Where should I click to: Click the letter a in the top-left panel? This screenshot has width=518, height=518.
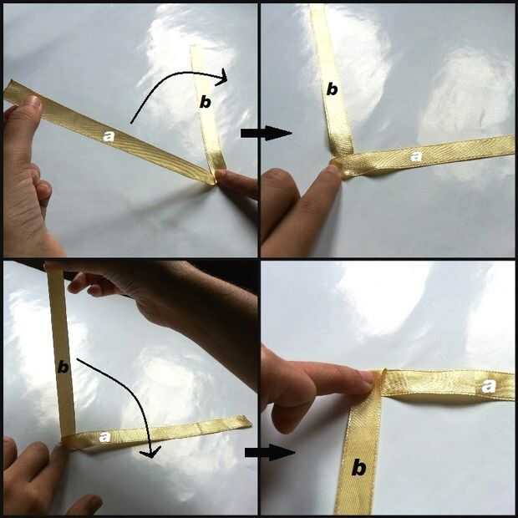tap(109, 136)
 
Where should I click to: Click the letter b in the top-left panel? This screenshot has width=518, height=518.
tap(206, 103)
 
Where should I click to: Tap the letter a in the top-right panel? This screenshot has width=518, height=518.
tap(416, 156)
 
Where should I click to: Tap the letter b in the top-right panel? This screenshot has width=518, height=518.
tap(332, 89)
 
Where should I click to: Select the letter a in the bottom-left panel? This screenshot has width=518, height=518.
tap(104, 437)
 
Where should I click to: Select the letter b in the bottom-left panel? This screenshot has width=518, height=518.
tap(63, 367)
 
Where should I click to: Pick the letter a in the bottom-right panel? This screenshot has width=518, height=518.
tap(489, 386)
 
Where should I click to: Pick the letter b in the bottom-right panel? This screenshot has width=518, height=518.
tap(358, 468)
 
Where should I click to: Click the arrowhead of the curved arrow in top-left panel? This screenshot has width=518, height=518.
tap(222, 78)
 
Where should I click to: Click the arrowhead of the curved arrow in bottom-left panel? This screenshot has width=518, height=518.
tap(150, 452)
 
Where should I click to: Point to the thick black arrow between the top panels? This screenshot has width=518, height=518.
tap(266, 133)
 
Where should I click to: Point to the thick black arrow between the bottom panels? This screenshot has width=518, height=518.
tap(270, 452)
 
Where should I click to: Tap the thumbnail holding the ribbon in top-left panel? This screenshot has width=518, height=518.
tap(32, 102)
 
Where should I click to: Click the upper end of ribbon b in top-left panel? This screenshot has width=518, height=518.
tap(196, 48)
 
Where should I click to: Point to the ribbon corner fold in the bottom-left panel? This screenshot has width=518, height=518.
tap(68, 441)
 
